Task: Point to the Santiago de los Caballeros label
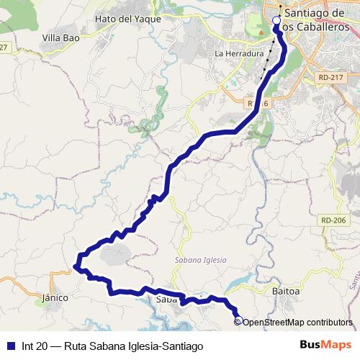coord(317,19)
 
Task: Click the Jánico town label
coord(55,297)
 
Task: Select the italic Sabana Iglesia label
coord(200,260)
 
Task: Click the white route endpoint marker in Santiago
coord(276,21)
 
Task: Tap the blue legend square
coord(11,346)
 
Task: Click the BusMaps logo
coord(323,346)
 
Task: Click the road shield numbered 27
coord(4,47)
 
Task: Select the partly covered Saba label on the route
coord(166,299)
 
